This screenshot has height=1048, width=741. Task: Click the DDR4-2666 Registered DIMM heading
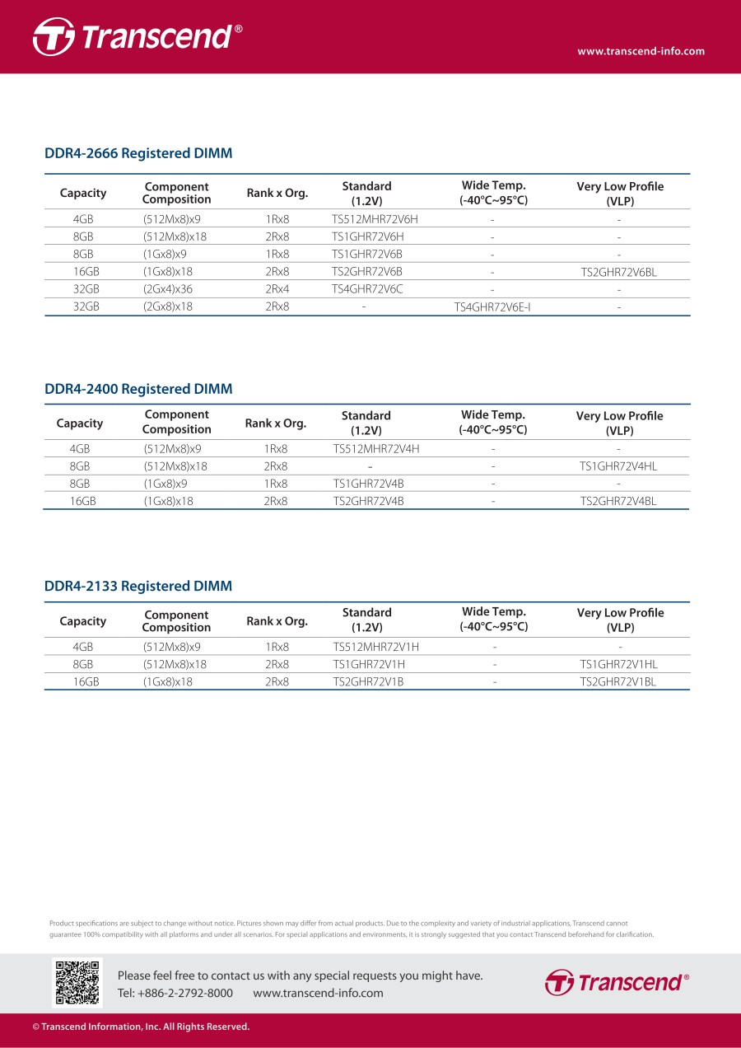click(138, 153)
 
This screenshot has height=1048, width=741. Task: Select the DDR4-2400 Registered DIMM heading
click(138, 389)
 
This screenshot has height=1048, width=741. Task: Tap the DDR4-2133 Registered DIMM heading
click(138, 587)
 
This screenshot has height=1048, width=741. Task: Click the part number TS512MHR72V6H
click(375, 219)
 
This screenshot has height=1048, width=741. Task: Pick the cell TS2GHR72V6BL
click(618, 271)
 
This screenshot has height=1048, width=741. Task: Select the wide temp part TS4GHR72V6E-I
click(492, 306)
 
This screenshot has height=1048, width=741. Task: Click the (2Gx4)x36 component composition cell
click(168, 289)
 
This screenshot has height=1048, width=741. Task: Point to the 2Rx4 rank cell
click(277, 289)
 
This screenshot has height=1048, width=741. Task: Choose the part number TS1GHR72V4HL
click(618, 466)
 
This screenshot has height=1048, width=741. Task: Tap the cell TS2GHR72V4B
click(368, 501)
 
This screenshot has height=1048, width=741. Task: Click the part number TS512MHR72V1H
click(375, 648)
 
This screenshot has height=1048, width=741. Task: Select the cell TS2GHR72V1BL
click(618, 682)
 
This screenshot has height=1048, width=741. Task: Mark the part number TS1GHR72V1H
click(368, 665)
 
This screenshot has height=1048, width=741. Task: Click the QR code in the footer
click(77, 982)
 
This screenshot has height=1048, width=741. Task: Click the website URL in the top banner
click(641, 51)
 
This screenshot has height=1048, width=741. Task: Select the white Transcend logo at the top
click(137, 37)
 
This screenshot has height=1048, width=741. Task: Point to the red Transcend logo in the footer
click(617, 982)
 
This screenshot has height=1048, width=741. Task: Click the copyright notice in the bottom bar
click(141, 1027)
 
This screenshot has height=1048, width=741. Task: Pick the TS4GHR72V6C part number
click(367, 289)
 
